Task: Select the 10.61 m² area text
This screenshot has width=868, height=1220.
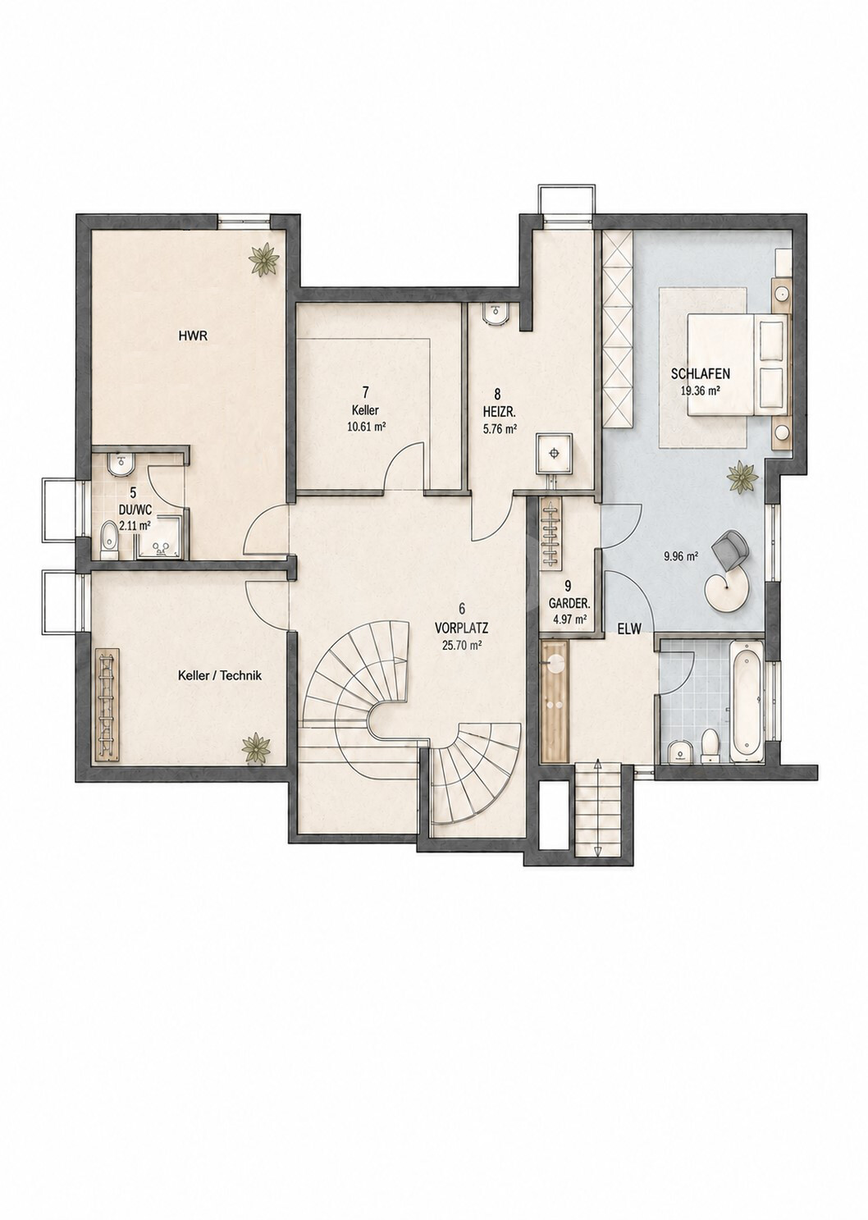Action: coord(366,427)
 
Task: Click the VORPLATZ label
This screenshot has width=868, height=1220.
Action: coord(461,628)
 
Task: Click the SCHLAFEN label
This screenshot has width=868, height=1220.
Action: coord(701,374)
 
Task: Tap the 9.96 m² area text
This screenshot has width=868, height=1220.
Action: coord(682,556)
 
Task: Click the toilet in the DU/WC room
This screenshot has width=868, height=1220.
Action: coord(110,539)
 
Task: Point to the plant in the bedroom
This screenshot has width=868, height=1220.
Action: coord(742,477)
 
